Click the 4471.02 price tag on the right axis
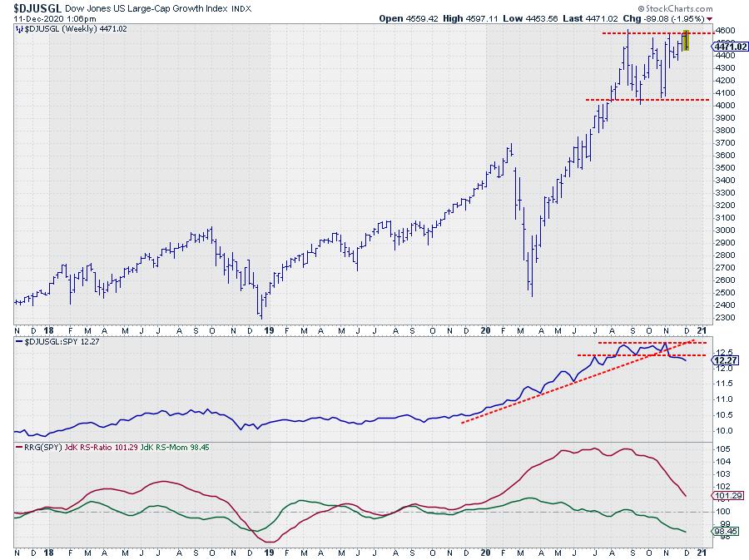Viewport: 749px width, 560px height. pos(729,47)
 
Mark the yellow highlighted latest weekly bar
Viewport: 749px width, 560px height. pos(686,40)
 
